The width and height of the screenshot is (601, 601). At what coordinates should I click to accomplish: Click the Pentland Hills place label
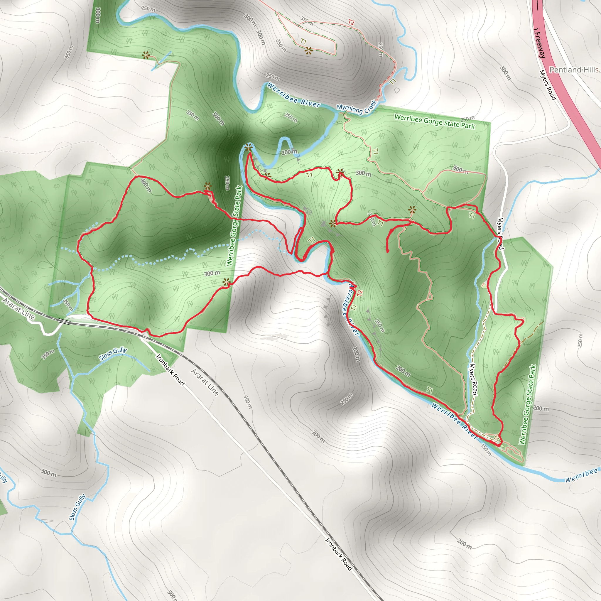[574, 70]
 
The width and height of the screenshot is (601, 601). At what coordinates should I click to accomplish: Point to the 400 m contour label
[146, 185]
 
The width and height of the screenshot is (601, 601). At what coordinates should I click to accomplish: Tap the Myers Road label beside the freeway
[548, 85]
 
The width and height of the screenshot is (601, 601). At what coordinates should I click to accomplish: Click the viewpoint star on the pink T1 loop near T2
[309, 50]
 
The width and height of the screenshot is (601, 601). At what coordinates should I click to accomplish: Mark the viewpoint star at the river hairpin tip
[248, 148]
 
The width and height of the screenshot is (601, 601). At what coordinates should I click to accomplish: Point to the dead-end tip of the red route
[388, 251]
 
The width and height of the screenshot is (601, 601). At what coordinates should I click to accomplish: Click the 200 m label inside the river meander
[289, 152]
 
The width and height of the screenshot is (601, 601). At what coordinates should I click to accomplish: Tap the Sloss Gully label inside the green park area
[113, 354]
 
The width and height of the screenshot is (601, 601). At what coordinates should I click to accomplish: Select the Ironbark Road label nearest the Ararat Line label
[170, 370]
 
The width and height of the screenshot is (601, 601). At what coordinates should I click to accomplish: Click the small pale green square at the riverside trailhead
[501, 442]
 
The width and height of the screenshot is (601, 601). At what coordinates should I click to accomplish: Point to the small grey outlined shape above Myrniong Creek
[397, 90]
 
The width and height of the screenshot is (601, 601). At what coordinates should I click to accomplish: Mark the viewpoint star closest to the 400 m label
[207, 186]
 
